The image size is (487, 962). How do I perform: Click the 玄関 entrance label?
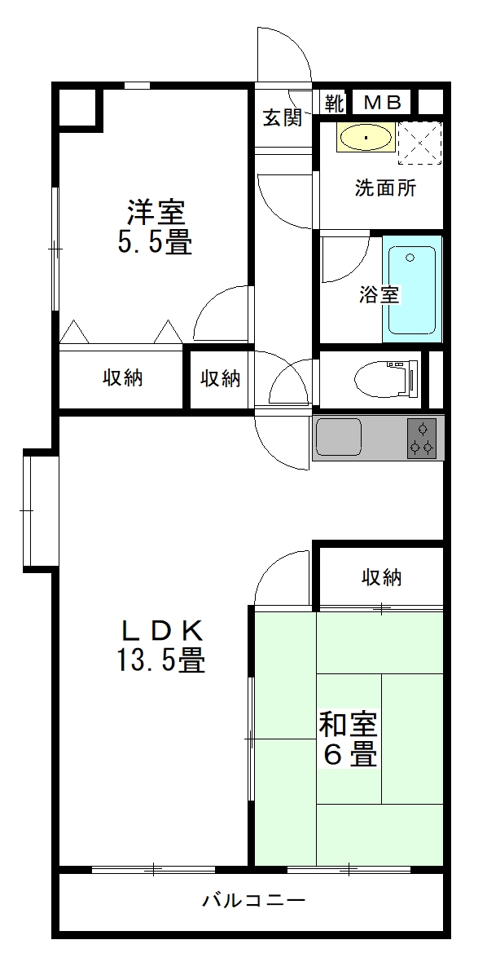(x=283, y=117)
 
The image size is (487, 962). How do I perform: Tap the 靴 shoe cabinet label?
(x=335, y=103)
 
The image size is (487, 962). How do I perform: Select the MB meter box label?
(x=384, y=103)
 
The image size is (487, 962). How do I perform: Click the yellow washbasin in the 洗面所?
(x=365, y=138)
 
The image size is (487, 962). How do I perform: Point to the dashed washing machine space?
(x=419, y=143)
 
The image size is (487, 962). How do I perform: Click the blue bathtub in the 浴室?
(x=412, y=289)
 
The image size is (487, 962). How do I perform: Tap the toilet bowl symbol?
(x=386, y=380)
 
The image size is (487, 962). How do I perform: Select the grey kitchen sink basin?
(x=337, y=438)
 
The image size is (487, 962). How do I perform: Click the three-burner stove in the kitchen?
(x=423, y=438)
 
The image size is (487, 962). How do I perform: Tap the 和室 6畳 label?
(x=348, y=739)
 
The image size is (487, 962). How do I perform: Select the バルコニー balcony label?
(x=253, y=901)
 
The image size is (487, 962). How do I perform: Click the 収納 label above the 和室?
(x=381, y=576)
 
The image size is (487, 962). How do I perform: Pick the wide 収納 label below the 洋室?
(x=122, y=378)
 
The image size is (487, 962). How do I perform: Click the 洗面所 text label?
(x=386, y=188)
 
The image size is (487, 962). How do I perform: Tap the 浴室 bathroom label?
(x=380, y=295)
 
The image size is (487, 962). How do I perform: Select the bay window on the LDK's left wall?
(x=41, y=510)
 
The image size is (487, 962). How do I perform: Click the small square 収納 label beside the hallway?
(x=221, y=379)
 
